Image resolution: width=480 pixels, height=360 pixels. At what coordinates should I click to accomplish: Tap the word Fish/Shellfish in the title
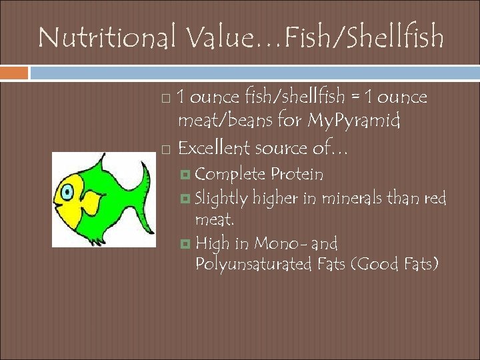pos(363,37)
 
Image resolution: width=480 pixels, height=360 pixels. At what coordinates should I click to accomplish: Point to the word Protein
pos(297,175)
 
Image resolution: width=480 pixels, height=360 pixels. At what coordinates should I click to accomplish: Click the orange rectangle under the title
pos(14,72)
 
